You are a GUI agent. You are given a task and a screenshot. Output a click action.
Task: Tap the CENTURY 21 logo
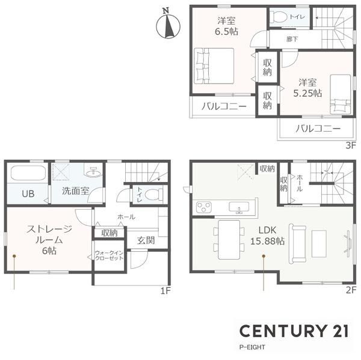tap(294, 331)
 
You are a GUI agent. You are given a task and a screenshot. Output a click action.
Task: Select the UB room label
tap(28, 194)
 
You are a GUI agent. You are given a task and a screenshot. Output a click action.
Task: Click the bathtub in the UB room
tap(28, 173)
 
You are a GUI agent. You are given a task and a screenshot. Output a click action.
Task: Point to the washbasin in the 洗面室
tap(94, 171)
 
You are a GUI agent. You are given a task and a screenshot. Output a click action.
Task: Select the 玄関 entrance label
tap(146, 240)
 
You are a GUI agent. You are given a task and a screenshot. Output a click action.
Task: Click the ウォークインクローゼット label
tap(109, 255)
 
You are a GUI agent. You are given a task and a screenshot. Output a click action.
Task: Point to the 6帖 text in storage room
tap(49, 251)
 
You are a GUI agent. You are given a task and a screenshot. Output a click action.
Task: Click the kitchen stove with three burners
tap(204, 207)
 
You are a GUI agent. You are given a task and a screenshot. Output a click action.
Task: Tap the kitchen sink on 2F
tap(239, 207)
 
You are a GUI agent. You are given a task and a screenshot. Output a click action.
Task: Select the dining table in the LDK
tap(229, 240)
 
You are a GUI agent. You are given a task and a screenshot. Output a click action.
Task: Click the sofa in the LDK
tap(297, 243)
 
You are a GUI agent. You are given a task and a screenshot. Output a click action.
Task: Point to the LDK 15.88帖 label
tap(267, 236)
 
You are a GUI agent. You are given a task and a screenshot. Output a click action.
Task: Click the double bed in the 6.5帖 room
tap(214, 66)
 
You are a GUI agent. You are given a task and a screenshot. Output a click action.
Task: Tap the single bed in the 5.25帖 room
tap(341, 94)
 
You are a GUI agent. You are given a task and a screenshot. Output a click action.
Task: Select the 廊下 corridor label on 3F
tap(292, 39)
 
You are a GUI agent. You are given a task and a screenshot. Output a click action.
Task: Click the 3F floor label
tap(351, 145)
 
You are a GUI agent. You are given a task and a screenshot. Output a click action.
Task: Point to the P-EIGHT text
tap(252, 347)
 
